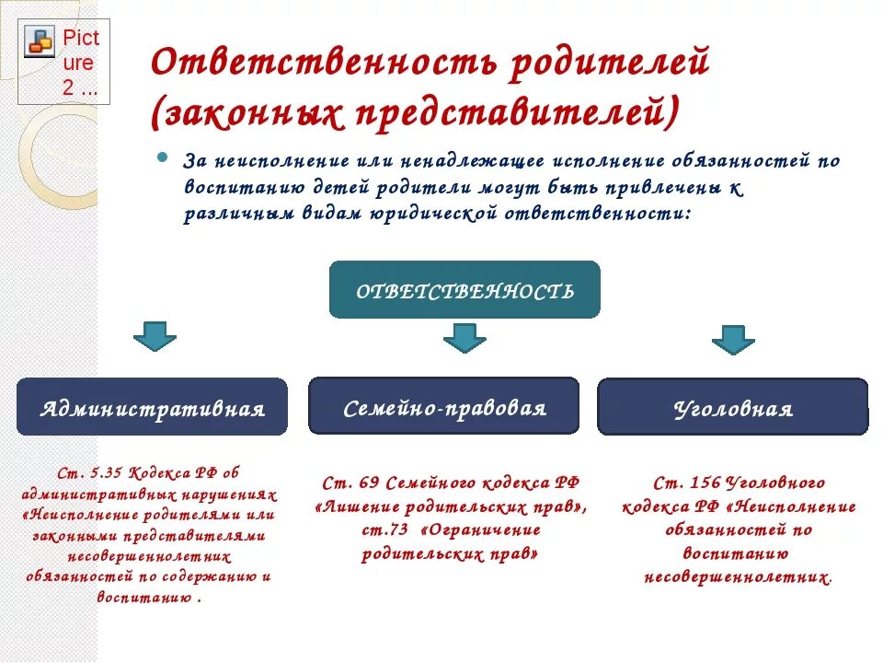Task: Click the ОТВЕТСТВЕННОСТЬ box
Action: pos(464,290)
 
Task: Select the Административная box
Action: pos(152,407)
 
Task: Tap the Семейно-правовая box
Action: pos(443,406)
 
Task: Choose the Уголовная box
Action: pos(732,407)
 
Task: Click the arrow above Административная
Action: pos(155,335)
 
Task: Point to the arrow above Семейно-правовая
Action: pos(464,338)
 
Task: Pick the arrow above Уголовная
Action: pos(733,339)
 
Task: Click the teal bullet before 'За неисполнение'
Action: pos(163,157)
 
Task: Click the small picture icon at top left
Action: pos(40,42)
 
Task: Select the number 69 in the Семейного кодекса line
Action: pos(368,483)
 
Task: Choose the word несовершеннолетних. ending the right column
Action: pos(739,578)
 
